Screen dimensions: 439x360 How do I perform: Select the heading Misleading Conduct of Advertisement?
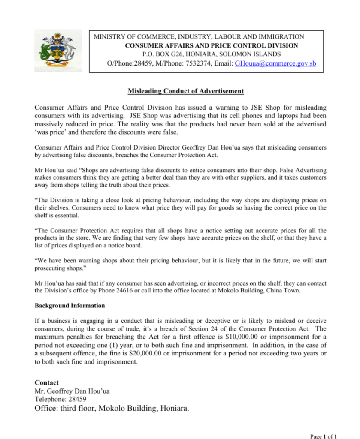[186, 91]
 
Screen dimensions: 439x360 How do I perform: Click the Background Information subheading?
[70, 306]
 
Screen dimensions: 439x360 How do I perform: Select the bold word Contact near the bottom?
[46, 382]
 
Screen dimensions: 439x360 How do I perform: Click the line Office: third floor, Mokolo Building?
[112, 409]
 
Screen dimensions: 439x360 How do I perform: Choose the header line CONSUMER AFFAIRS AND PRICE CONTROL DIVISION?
[212, 45]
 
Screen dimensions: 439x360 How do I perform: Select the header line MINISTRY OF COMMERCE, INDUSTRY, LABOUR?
[199, 37]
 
